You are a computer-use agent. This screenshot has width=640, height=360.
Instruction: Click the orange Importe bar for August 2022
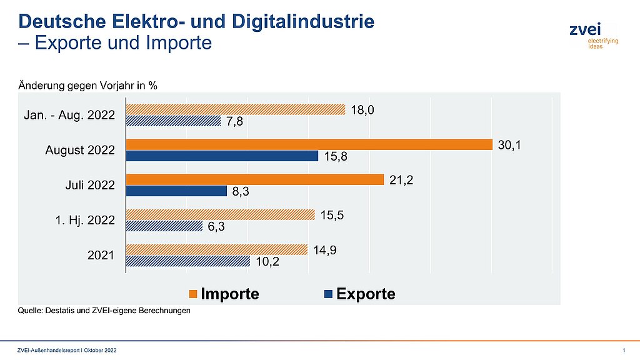pyautogui.click(x=309, y=145)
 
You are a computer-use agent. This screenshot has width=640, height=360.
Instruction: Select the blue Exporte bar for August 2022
pyautogui.click(x=222, y=156)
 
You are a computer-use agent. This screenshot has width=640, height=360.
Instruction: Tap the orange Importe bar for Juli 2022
pyautogui.click(x=254, y=180)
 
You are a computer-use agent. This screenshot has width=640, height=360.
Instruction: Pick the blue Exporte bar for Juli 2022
pyautogui.click(x=176, y=191)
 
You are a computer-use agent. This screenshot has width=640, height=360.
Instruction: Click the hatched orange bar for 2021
pyautogui.click(x=217, y=250)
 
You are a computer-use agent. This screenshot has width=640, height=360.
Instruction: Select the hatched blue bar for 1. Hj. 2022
pyautogui.click(x=164, y=226)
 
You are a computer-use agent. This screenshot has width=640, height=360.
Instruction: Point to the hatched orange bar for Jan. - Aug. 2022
pyautogui.click(x=236, y=110)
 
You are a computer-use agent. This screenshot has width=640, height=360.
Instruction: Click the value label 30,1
pyautogui.click(x=509, y=145)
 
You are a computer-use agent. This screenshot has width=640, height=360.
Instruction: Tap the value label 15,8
pyautogui.click(x=335, y=157)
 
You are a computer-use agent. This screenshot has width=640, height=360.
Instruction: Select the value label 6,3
pyautogui.click(x=216, y=227)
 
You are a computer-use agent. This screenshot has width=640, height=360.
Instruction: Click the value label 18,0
pyautogui.click(x=362, y=110)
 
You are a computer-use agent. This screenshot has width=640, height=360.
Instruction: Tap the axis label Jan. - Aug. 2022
pyautogui.click(x=69, y=116)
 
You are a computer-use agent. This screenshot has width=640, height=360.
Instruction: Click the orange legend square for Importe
pyautogui.click(x=193, y=294)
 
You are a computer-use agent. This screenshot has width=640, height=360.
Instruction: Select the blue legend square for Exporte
pyautogui.click(x=328, y=294)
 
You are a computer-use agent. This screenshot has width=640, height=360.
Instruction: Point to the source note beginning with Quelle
pyautogui.click(x=104, y=311)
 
